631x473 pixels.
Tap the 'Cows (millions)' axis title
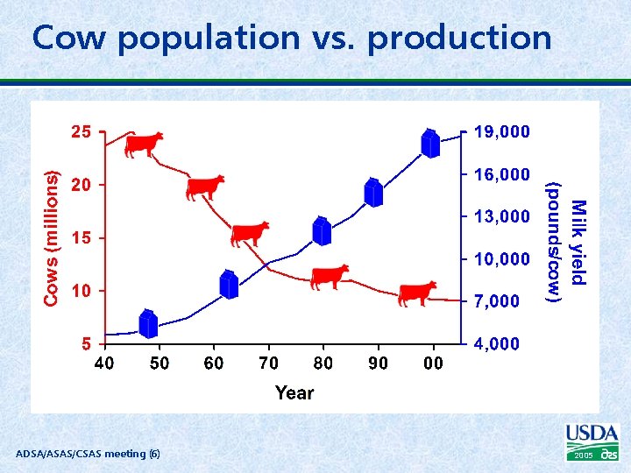(53, 238)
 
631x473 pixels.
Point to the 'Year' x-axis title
(294, 392)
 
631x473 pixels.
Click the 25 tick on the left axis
(80, 133)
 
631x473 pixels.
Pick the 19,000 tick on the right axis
(501, 133)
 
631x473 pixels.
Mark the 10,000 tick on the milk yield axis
(501, 260)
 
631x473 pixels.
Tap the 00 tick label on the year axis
(433, 364)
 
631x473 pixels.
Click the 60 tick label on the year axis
(214, 364)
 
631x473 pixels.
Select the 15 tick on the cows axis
(81, 238)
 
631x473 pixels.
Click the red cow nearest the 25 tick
(144, 144)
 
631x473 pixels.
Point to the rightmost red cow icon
(417, 293)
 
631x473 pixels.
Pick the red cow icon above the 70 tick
(250, 234)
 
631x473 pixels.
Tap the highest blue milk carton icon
(429, 143)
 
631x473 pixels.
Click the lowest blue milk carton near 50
(148, 324)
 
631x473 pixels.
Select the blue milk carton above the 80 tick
(323, 230)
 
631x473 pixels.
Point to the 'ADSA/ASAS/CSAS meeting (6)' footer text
(88, 454)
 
